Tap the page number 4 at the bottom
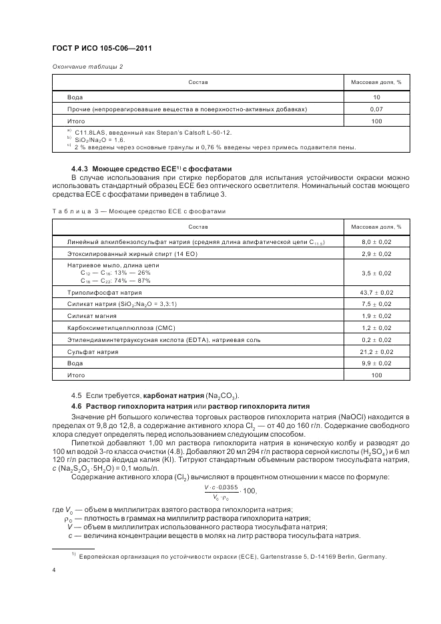54,569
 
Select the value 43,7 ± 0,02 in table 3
376,292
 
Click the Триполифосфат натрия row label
105,292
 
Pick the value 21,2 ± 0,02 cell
376,351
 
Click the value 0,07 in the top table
376,109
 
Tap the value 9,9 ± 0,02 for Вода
376,363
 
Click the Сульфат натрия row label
93,351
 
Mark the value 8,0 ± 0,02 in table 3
376,241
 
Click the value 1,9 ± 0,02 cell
376,315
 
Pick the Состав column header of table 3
198,227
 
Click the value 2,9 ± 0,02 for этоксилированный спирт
376,254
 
